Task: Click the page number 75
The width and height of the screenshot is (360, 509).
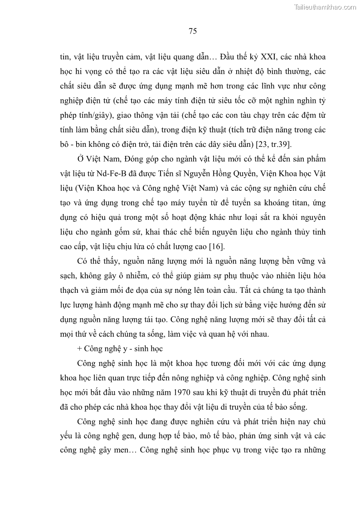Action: coord(192,31)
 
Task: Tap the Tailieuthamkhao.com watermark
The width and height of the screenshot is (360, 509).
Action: coord(326,7)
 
